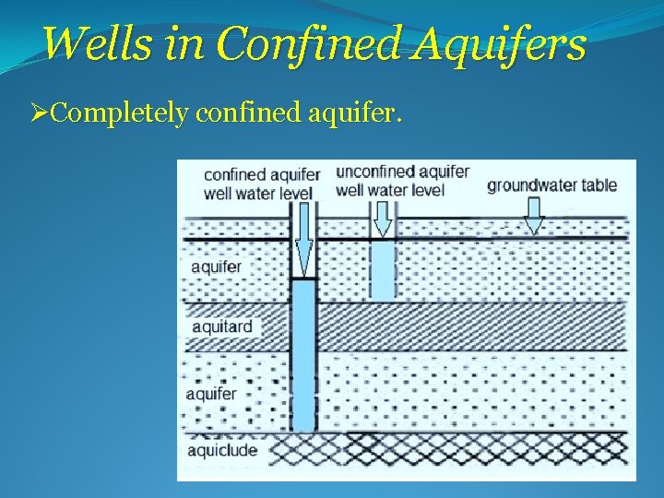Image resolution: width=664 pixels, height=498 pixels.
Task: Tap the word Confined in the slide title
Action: pyautogui.click(x=306, y=43)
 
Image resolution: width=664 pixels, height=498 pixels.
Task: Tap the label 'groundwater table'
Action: pyautogui.click(x=551, y=184)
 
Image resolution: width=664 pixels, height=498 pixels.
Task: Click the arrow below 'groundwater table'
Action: pyautogui.click(x=534, y=218)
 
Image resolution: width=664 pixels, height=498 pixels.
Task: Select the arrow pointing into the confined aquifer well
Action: pyautogui.click(x=303, y=241)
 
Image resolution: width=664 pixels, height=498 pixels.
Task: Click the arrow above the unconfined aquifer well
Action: pyautogui.click(x=381, y=218)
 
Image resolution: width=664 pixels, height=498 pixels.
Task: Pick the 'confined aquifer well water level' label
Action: pyautogui.click(x=261, y=184)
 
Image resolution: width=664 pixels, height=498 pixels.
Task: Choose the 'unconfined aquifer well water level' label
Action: pyautogui.click(x=402, y=181)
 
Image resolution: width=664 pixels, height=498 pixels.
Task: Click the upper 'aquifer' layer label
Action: pyautogui.click(x=216, y=267)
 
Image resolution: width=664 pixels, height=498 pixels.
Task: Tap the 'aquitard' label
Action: pyautogui.click(x=221, y=326)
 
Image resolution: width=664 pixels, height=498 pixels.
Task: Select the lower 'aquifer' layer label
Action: pyautogui.click(x=211, y=394)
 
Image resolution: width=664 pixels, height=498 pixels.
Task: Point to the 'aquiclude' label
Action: pyautogui.click(x=222, y=450)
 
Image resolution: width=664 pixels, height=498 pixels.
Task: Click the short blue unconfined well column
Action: pyautogui.click(x=382, y=269)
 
